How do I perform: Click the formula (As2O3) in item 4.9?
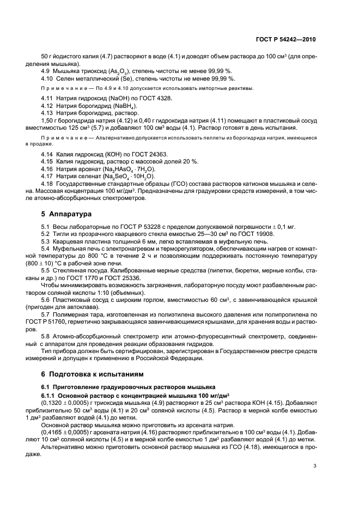click(x=115, y=71)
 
